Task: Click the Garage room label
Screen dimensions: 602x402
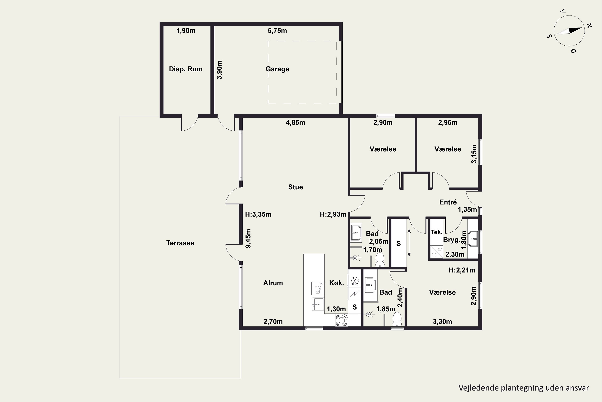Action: (x=278, y=69)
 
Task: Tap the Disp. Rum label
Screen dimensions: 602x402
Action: (x=186, y=69)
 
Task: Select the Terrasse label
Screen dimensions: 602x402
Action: (x=180, y=243)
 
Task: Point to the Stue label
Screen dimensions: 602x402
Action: (x=296, y=187)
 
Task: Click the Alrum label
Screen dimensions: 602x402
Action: (x=273, y=283)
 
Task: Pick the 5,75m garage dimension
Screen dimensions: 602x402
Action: (x=278, y=31)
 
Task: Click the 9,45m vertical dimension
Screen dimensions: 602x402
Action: (x=248, y=238)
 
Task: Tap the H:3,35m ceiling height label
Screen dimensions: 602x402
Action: (x=258, y=214)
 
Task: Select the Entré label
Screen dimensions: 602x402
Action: (x=448, y=202)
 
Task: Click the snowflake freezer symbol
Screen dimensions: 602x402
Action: (x=355, y=281)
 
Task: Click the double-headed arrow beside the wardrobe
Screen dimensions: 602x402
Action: (x=409, y=243)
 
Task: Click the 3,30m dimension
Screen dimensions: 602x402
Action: (x=442, y=321)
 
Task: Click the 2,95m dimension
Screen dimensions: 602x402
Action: (x=448, y=123)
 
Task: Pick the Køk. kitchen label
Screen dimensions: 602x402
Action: (x=337, y=283)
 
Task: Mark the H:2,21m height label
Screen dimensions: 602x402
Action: (x=462, y=270)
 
